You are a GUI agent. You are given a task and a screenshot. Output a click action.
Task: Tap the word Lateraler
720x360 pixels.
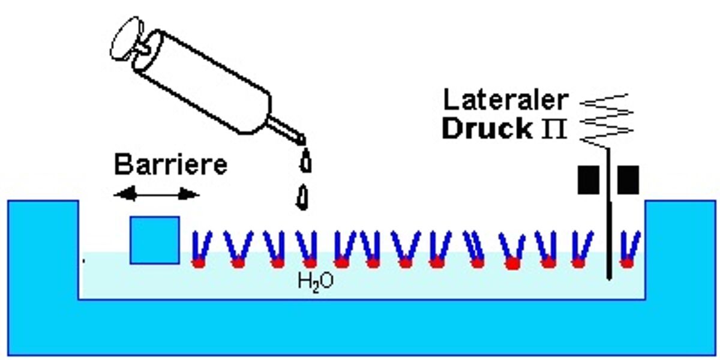(505, 99)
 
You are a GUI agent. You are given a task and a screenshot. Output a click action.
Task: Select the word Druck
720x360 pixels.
(487, 128)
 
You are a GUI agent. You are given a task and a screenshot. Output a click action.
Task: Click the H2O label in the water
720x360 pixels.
(316, 280)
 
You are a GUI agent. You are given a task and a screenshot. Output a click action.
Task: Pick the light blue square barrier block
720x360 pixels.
(154, 239)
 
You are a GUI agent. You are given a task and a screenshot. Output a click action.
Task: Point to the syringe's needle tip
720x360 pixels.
(302, 139)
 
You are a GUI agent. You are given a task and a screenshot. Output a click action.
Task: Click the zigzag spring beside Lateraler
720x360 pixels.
(607, 120)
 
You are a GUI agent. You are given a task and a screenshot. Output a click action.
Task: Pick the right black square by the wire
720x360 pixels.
(628, 179)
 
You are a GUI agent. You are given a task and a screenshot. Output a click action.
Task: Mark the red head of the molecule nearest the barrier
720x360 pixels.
(198, 262)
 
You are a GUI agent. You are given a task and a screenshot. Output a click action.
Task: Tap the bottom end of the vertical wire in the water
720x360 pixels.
(609, 277)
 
